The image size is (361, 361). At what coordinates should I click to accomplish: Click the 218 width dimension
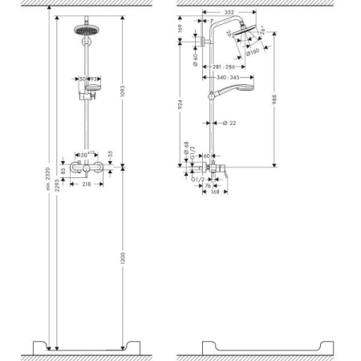tap(87, 185)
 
